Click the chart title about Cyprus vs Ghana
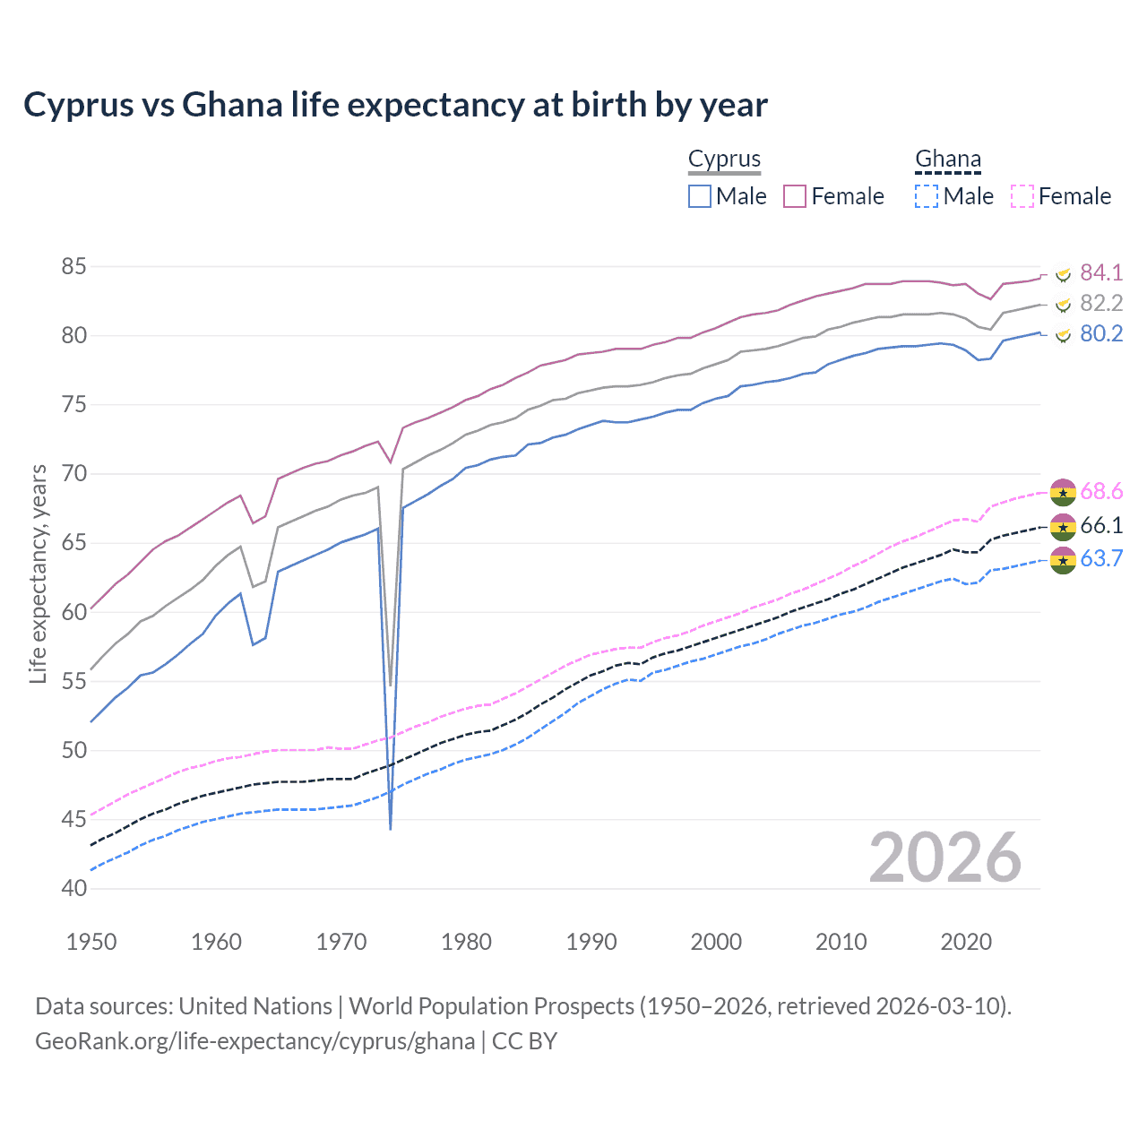(395, 105)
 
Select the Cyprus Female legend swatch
(795, 196)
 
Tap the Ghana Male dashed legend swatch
(927, 196)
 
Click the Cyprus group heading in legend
(724, 160)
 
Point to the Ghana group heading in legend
(948, 160)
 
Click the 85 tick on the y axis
(74, 267)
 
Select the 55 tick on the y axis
(74, 681)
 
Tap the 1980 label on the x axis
(466, 942)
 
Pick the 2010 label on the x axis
(841, 942)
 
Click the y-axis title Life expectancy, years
(39, 573)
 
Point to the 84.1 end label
(1101, 272)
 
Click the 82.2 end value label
(1101, 303)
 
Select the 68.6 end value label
(1101, 491)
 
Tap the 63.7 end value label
(1101, 559)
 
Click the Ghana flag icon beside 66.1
(1063, 526)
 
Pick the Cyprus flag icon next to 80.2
(1063, 335)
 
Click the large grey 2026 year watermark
(945, 858)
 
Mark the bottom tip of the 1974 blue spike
(391, 829)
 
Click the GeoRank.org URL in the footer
(255, 1041)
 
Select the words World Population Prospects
(492, 1006)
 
